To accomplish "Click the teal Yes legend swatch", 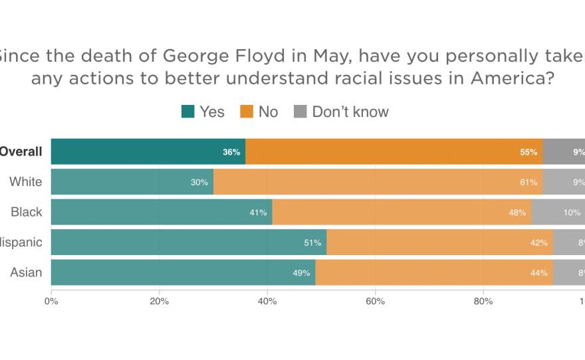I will [x=188, y=112].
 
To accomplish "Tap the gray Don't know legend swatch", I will [x=300, y=112].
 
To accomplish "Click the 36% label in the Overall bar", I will [x=231, y=152].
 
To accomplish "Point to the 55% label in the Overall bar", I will [x=528, y=152].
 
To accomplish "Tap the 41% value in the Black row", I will [x=258, y=213].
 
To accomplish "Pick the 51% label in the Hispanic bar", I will [x=312, y=243].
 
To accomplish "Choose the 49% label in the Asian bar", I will [x=302, y=273].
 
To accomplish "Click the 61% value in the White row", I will [x=528, y=182].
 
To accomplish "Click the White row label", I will [x=26, y=182].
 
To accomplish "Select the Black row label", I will [x=27, y=213].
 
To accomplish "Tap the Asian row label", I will [x=26, y=273].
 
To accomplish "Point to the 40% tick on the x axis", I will [x=267, y=302].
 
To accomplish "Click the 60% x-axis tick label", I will [x=376, y=302].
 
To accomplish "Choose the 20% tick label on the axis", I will [x=160, y=302].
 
